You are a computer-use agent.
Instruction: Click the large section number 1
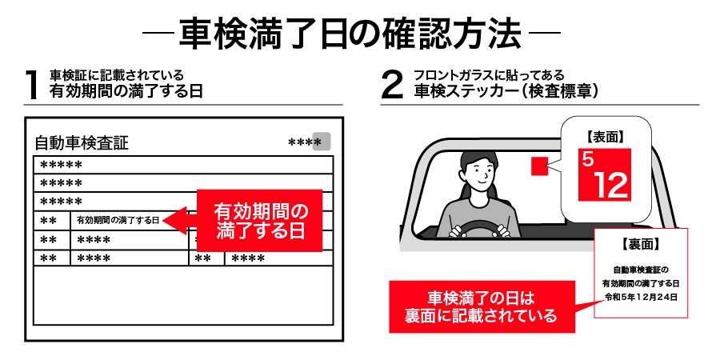pos(32,85)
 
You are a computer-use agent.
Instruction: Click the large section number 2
pos(392,85)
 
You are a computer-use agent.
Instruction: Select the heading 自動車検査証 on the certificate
pos(81,144)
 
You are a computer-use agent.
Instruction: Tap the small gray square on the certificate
pos(321,142)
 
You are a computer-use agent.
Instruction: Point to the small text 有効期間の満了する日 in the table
pos(118,219)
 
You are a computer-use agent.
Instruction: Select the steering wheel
pos(481,230)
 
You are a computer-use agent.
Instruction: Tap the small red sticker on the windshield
pos(539,166)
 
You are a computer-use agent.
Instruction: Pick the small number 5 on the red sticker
pos(588,158)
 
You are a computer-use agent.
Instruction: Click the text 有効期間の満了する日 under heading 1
pos(126,91)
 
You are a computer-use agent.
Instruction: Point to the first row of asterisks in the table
pos(62,166)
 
